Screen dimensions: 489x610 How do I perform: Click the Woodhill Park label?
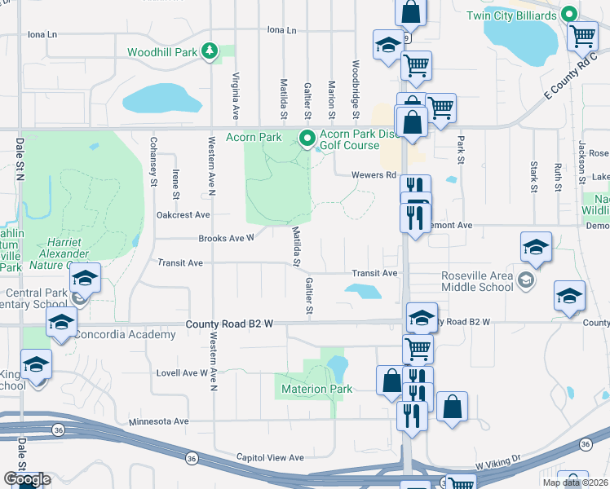click(162, 52)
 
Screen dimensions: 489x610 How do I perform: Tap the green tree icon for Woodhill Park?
click(210, 51)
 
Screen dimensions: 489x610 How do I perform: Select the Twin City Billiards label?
click(512, 15)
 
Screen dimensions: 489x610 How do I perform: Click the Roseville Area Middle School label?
click(477, 281)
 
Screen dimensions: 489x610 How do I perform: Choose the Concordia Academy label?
click(113, 334)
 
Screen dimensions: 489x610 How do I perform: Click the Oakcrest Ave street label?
click(183, 215)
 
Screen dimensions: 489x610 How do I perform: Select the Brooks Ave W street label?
click(227, 239)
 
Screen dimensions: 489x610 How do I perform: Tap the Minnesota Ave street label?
click(159, 421)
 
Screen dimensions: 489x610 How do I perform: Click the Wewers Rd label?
click(374, 174)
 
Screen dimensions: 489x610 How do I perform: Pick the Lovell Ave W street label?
click(183, 372)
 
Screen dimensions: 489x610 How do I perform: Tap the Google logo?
click(27, 479)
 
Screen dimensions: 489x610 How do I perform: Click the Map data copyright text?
click(574, 482)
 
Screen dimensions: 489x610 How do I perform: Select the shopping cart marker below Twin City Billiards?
click(582, 35)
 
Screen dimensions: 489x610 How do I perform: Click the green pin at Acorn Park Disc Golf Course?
click(307, 139)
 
